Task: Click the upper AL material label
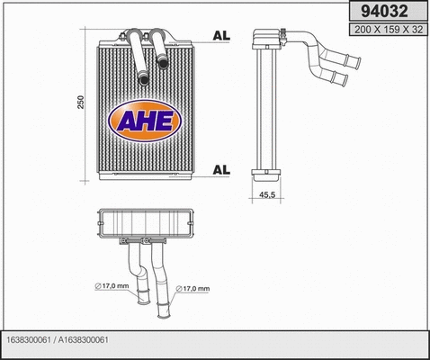coord(220,37)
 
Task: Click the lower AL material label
coord(220,168)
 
